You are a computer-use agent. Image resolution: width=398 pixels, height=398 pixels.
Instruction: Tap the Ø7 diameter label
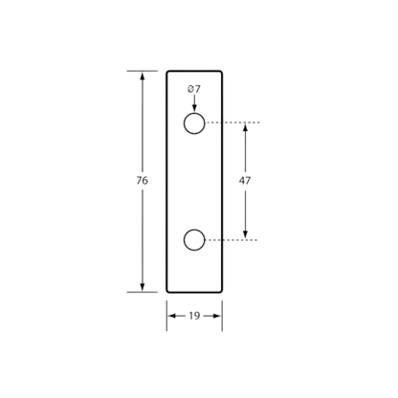pyautogui.click(x=194, y=89)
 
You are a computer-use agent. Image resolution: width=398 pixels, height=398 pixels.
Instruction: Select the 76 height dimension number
pyautogui.click(x=143, y=181)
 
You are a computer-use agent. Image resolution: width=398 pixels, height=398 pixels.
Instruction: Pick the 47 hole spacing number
pyautogui.click(x=245, y=181)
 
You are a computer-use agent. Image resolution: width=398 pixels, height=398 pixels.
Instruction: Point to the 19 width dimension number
pyautogui.click(x=194, y=316)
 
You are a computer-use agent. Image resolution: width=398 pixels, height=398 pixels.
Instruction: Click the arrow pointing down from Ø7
pyautogui.click(x=194, y=103)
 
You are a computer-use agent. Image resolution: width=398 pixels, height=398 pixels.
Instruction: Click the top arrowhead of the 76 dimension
pyautogui.click(x=143, y=76)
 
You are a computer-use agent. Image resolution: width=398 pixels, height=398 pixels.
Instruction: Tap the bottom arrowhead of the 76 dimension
pyautogui.click(x=143, y=287)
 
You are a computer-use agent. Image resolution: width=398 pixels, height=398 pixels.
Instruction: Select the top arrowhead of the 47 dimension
pyautogui.click(x=245, y=127)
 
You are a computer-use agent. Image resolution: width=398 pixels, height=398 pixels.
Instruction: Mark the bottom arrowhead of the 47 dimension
pyautogui.click(x=245, y=234)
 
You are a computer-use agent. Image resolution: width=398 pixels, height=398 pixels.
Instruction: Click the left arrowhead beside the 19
pyautogui.click(x=172, y=316)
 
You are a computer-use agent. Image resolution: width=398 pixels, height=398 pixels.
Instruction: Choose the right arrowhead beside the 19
pyautogui.click(x=216, y=316)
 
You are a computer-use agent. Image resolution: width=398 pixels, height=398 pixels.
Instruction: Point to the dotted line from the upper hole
pyautogui.click(x=232, y=122)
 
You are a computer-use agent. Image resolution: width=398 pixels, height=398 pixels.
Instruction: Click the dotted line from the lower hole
pyautogui.click(x=232, y=240)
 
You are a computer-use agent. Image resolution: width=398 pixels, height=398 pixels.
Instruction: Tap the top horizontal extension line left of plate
pyautogui.click(x=143, y=71)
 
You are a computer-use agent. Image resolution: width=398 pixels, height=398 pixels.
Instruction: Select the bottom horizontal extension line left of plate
pyautogui.click(x=143, y=292)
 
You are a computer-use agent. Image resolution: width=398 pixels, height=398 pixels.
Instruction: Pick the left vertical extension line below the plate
pyautogui.click(x=166, y=316)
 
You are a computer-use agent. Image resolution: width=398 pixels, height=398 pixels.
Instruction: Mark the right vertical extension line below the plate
pyautogui.click(x=222, y=316)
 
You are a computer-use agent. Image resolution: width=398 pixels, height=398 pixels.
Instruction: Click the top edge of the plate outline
pyautogui.click(x=194, y=71)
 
